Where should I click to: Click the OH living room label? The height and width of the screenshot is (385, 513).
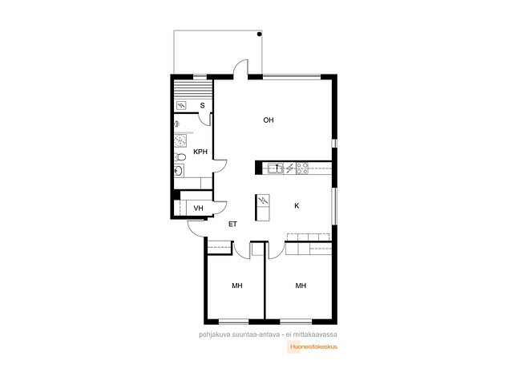(x=269, y=120)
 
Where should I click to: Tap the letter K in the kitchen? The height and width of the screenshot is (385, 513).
(x=297, y=205)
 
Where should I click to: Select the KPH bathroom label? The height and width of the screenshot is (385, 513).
(x=200, y=152)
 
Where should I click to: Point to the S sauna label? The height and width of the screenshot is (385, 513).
(x=203, y=105)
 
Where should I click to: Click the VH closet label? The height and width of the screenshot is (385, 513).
(x=198, y=209)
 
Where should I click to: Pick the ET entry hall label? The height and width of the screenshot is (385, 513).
(x=232, y=225)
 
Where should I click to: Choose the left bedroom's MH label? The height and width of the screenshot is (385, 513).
(x=237, y=286)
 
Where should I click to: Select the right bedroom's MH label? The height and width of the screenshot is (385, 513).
(x=301, y=286)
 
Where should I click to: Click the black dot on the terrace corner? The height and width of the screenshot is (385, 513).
(x=260, y=34)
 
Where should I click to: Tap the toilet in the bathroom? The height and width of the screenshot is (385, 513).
(x=180, y=157)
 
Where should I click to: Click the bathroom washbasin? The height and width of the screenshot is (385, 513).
(x=179, y=170)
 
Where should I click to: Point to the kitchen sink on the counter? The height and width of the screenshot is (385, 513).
(x=276, y=168)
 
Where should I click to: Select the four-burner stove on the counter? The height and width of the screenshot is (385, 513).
(x=302, y=168)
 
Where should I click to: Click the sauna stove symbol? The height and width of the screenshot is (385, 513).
(x=181, y=105)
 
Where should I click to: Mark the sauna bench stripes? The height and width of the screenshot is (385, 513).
(x=192, y=88)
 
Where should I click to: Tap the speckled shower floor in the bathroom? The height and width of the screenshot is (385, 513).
(x=180, y=140)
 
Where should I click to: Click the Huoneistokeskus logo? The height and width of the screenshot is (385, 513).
(x=312, y=346)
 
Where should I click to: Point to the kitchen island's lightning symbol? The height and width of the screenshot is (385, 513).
(x=263, y=201)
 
